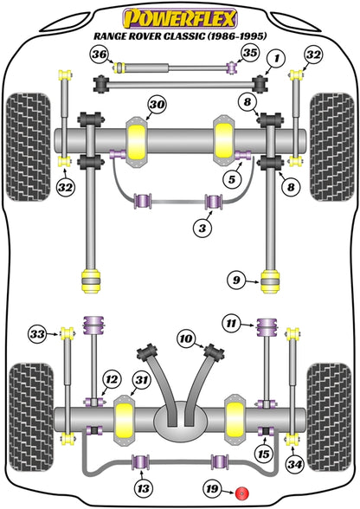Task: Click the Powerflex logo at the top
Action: (180, 16)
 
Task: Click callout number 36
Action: (100, 55)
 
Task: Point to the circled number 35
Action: (250, 54)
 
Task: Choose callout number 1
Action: (275, 58)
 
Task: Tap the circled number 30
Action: (155, 106)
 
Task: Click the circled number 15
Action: (263, 452)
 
